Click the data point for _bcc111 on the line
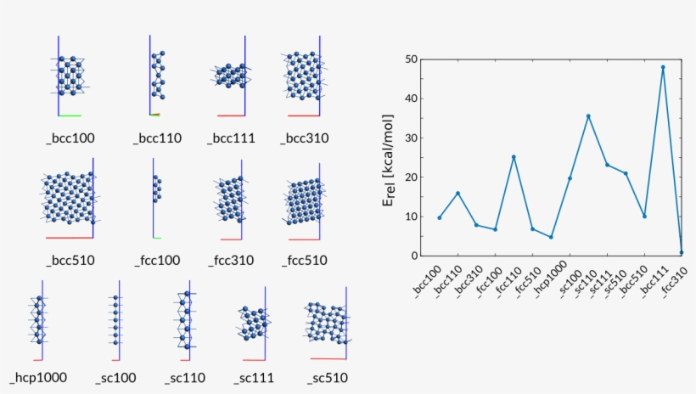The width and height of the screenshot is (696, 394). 663,67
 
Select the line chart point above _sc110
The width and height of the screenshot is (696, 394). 588,115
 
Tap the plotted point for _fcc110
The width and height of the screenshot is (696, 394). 514,157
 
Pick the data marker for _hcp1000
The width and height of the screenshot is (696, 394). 551,237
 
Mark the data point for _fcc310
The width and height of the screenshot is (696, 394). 682,252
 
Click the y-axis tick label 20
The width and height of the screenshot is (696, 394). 413,177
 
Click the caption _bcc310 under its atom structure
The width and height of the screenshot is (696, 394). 306,138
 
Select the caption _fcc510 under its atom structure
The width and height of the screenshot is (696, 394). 306,259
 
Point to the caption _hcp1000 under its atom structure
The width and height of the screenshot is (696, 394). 38,378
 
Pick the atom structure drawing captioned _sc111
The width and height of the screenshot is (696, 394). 252,323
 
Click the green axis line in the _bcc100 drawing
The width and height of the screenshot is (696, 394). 70,115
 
